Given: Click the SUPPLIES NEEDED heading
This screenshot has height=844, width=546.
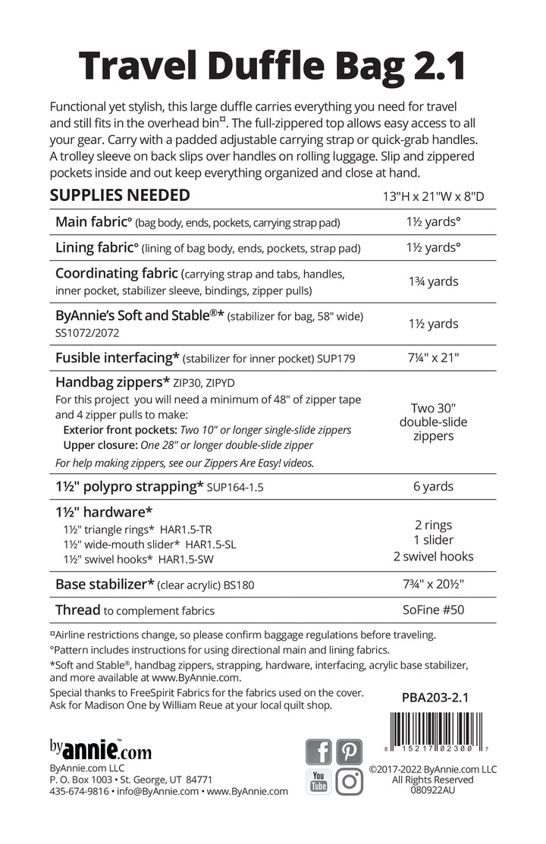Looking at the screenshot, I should pyautogui.click(x=119, y=196).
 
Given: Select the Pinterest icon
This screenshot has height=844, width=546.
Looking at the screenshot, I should pyautogui.click(x=350, y=751).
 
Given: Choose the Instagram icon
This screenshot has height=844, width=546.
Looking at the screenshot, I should pyautogui.click(x=350, y=781).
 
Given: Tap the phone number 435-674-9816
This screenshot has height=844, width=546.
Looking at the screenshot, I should pyautogui.click(x=78, y=791).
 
